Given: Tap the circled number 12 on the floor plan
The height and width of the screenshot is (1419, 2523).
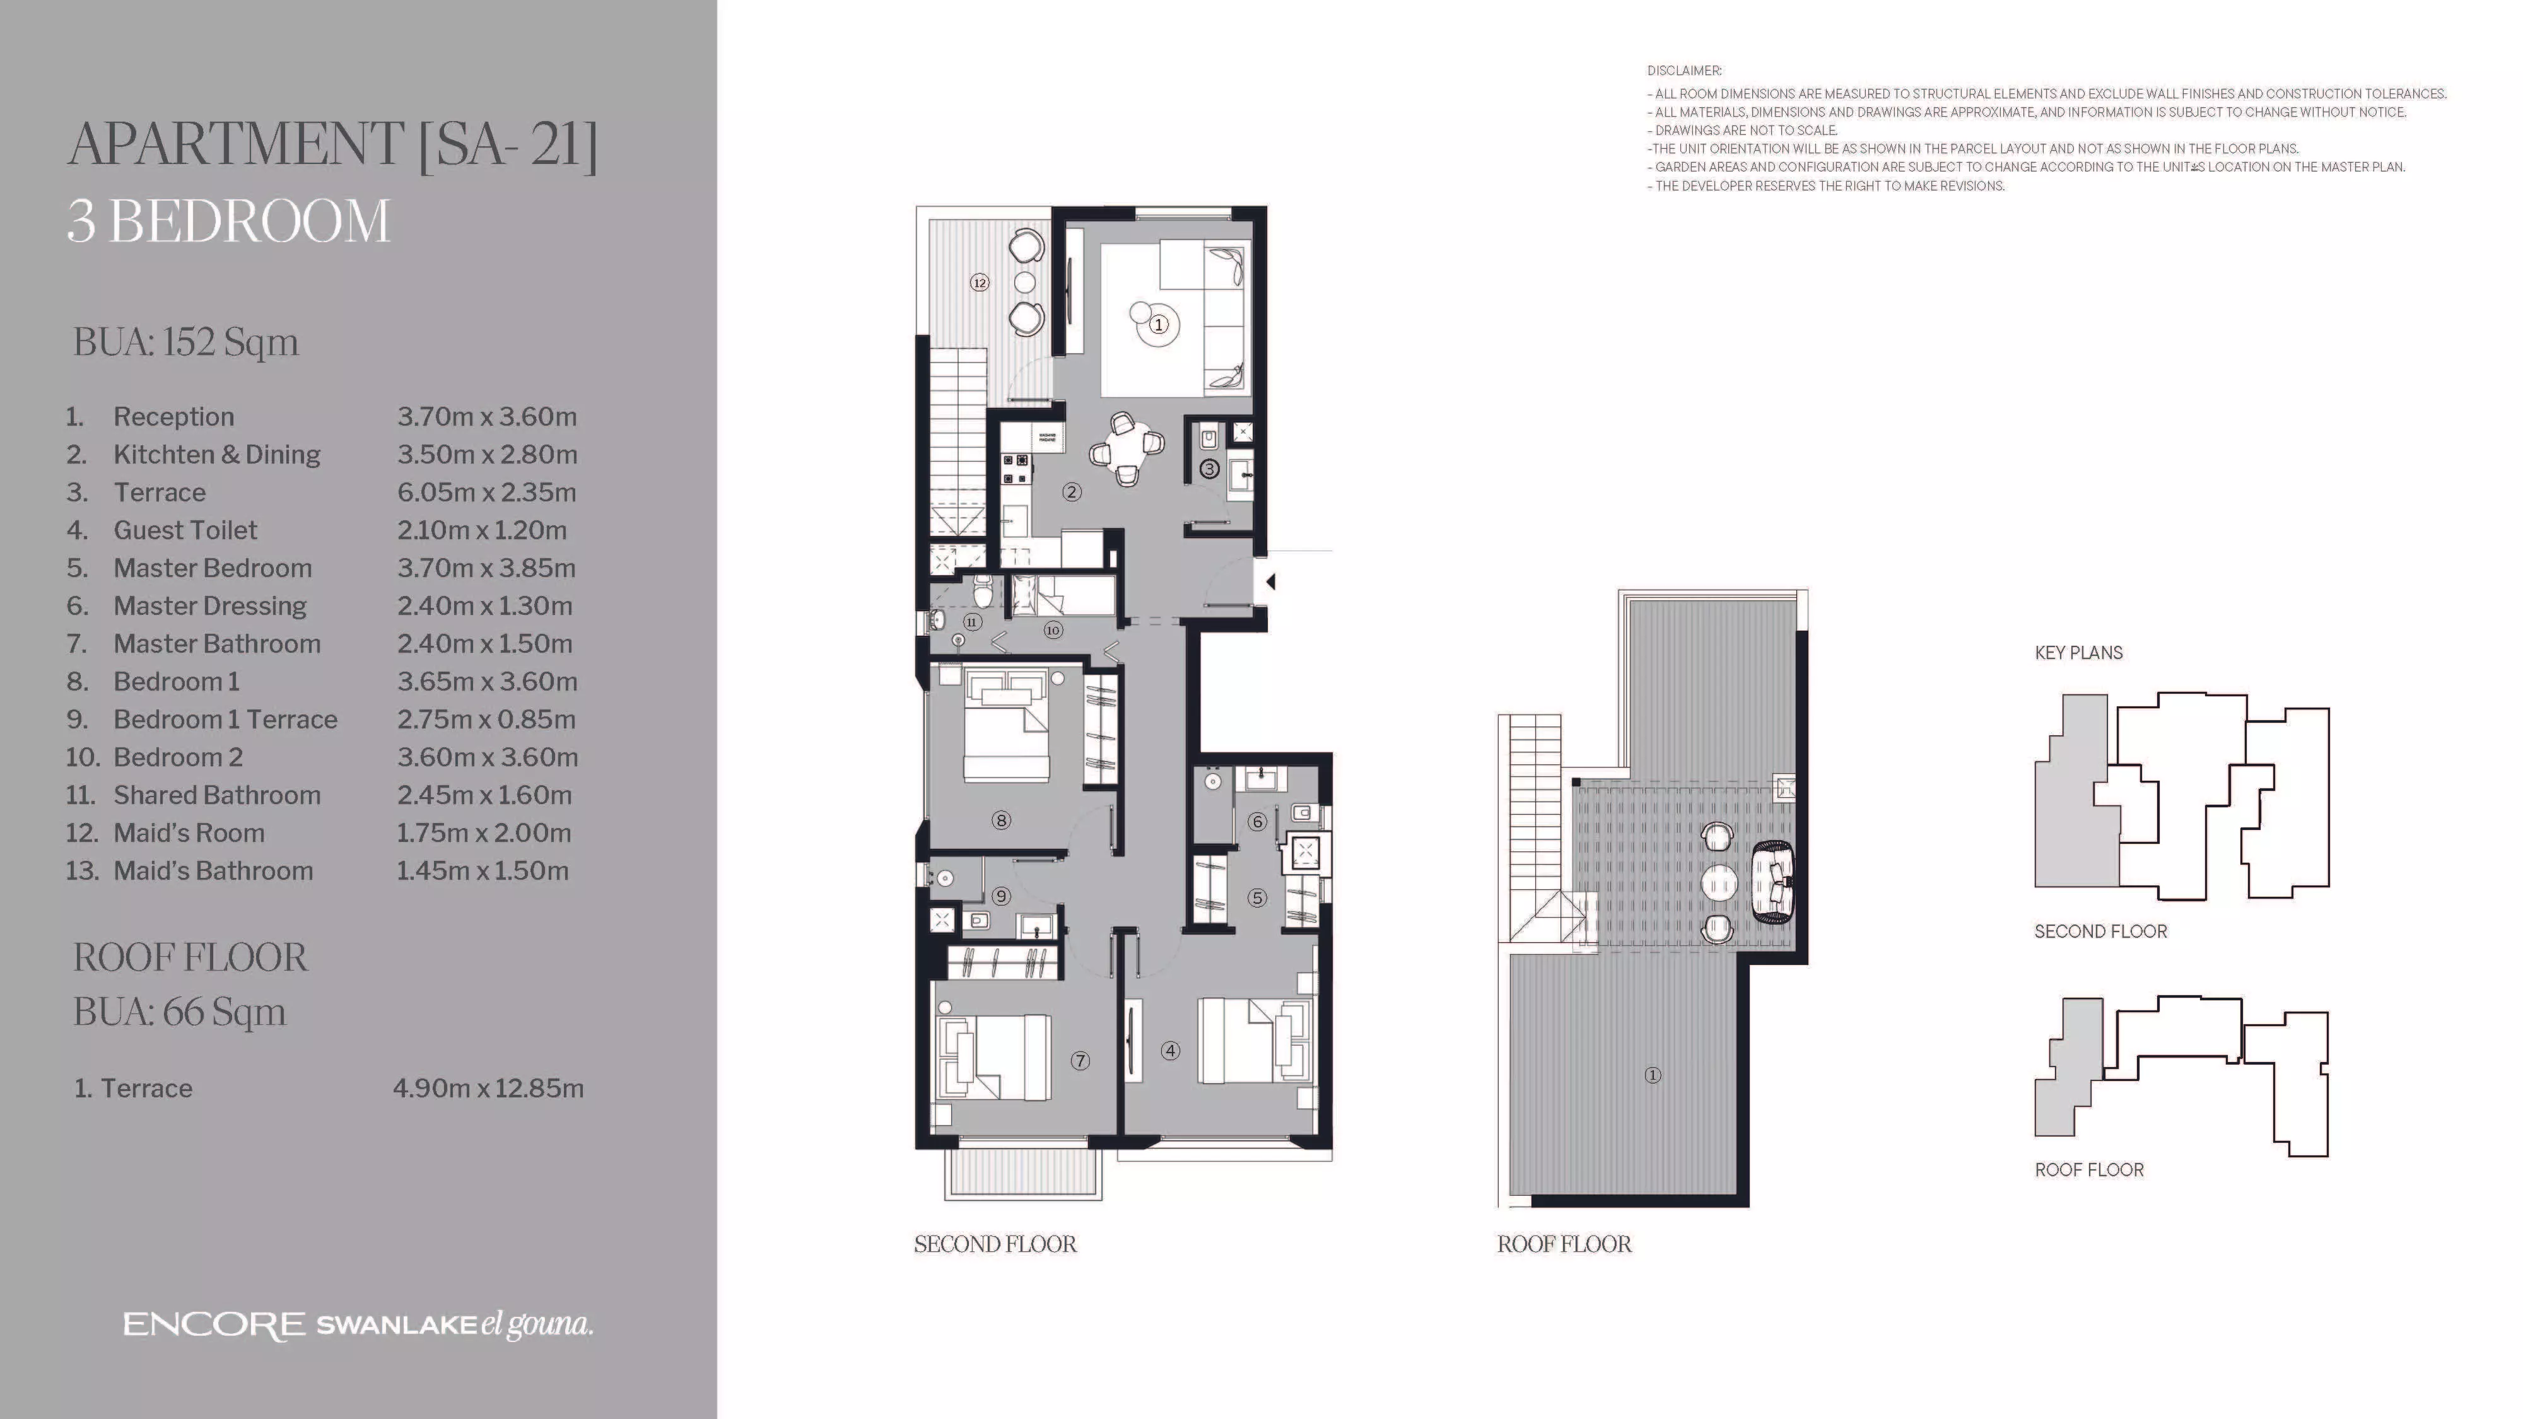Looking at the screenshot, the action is tap(980, 283).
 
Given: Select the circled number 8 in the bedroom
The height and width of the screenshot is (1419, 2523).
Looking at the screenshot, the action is tap(1001, 820).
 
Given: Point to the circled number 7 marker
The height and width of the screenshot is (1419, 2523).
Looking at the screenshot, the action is tap(1080, 1061).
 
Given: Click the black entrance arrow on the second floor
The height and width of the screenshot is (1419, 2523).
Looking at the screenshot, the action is tap(1270, 581).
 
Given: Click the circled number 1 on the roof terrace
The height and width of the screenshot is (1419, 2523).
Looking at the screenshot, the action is tap(1653, 1075).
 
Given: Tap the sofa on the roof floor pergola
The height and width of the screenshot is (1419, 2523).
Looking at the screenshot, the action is tap(1774, 882).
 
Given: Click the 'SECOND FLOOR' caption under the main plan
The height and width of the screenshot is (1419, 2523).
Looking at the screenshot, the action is tap(995, 1245).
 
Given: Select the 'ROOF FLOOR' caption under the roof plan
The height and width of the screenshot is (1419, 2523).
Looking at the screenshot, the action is tap(1564, 1245).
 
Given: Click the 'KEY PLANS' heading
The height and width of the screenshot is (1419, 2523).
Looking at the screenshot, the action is tap(2078, 653).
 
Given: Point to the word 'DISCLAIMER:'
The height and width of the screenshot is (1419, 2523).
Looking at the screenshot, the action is tap(1683, 71).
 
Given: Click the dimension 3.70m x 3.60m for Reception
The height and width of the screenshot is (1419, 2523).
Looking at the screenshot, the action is tap(487, 416).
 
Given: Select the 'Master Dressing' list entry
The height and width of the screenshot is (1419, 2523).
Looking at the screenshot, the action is tap(209, 606).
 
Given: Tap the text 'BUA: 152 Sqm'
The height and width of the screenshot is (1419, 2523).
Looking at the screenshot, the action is tap(186, 342).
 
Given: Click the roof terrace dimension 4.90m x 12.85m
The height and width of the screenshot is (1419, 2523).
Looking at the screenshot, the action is tap(488, 1088).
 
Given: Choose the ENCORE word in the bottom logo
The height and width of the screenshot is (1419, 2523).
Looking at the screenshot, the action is tap(214, 1326).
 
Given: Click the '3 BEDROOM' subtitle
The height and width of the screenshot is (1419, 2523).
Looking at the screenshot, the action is tap(228, 221).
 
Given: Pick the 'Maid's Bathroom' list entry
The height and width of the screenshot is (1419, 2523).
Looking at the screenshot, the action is tap(213, 870).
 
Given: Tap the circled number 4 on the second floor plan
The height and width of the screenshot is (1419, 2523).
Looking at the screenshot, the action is tap(1171, 1051).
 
